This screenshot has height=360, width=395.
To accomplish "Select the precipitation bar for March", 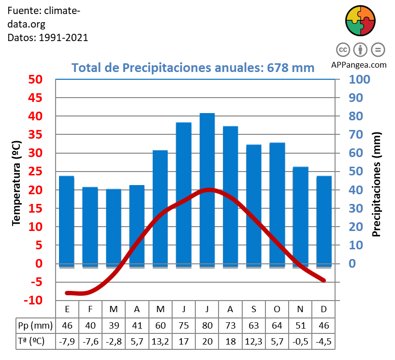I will pyautogui.click(x=114, y=227).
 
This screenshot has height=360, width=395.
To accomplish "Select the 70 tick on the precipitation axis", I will pyautogui.click(x=356, y=135).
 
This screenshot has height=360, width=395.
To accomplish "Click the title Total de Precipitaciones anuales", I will pyautogui.click(x=193, y=68).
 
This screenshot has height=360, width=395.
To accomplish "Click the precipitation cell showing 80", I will pyautogui.click(x=207, y=325).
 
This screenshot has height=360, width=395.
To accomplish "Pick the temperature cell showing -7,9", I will pyautogui.click(x=67, y=341).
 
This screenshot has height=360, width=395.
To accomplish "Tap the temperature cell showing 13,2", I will pyautogui.click(x=160, y=341).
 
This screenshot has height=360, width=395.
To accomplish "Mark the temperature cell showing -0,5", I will pyautogui.click(x=300, y=341).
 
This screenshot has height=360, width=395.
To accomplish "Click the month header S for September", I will pyautogui.click(x=253, y=309).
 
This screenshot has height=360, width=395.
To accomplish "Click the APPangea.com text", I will pyautogui.click(x=359, y=64).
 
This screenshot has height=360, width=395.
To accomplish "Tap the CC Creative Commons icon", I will pyautogui.click(x=343, y=49).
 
